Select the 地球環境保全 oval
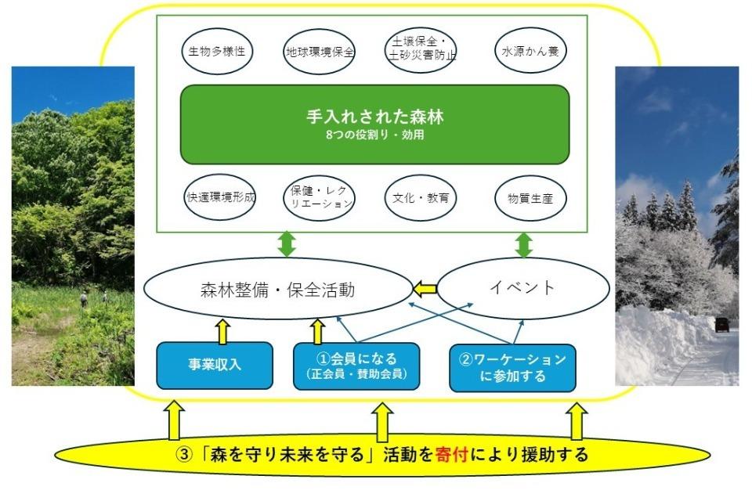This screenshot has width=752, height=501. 319,52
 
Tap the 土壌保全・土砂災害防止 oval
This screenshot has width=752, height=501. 421,50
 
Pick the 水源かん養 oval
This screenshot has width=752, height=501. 530,52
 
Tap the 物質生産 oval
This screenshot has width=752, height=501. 530,198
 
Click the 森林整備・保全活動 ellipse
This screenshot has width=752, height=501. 279,290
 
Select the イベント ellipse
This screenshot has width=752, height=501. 522,287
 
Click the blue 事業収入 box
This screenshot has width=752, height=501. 214,365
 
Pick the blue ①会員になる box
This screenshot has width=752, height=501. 356,366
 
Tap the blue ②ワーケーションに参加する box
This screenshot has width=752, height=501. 512,367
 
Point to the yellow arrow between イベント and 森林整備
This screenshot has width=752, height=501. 425,290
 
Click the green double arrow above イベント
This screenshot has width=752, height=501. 523,244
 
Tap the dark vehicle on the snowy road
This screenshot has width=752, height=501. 721,325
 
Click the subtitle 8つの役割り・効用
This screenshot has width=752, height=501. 374,135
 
